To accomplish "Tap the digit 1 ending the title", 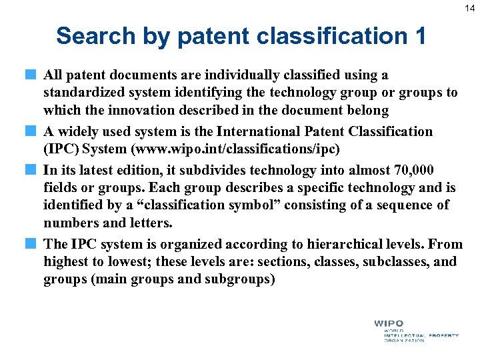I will [x=418, y=36].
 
